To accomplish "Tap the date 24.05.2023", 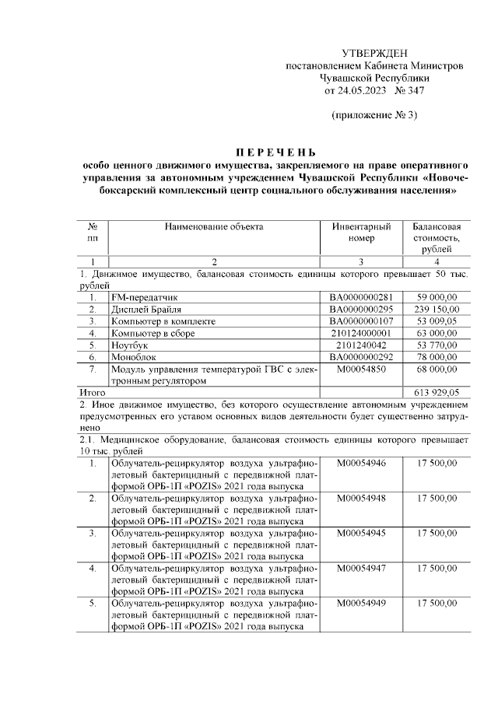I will coord(363,90).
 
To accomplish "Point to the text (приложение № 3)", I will coord(374,116).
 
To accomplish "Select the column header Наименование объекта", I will coord(214,226).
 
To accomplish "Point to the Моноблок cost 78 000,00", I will coord(440,356).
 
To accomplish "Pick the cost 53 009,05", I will coord(440,320).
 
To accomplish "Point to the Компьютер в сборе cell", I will coord(153,333).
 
